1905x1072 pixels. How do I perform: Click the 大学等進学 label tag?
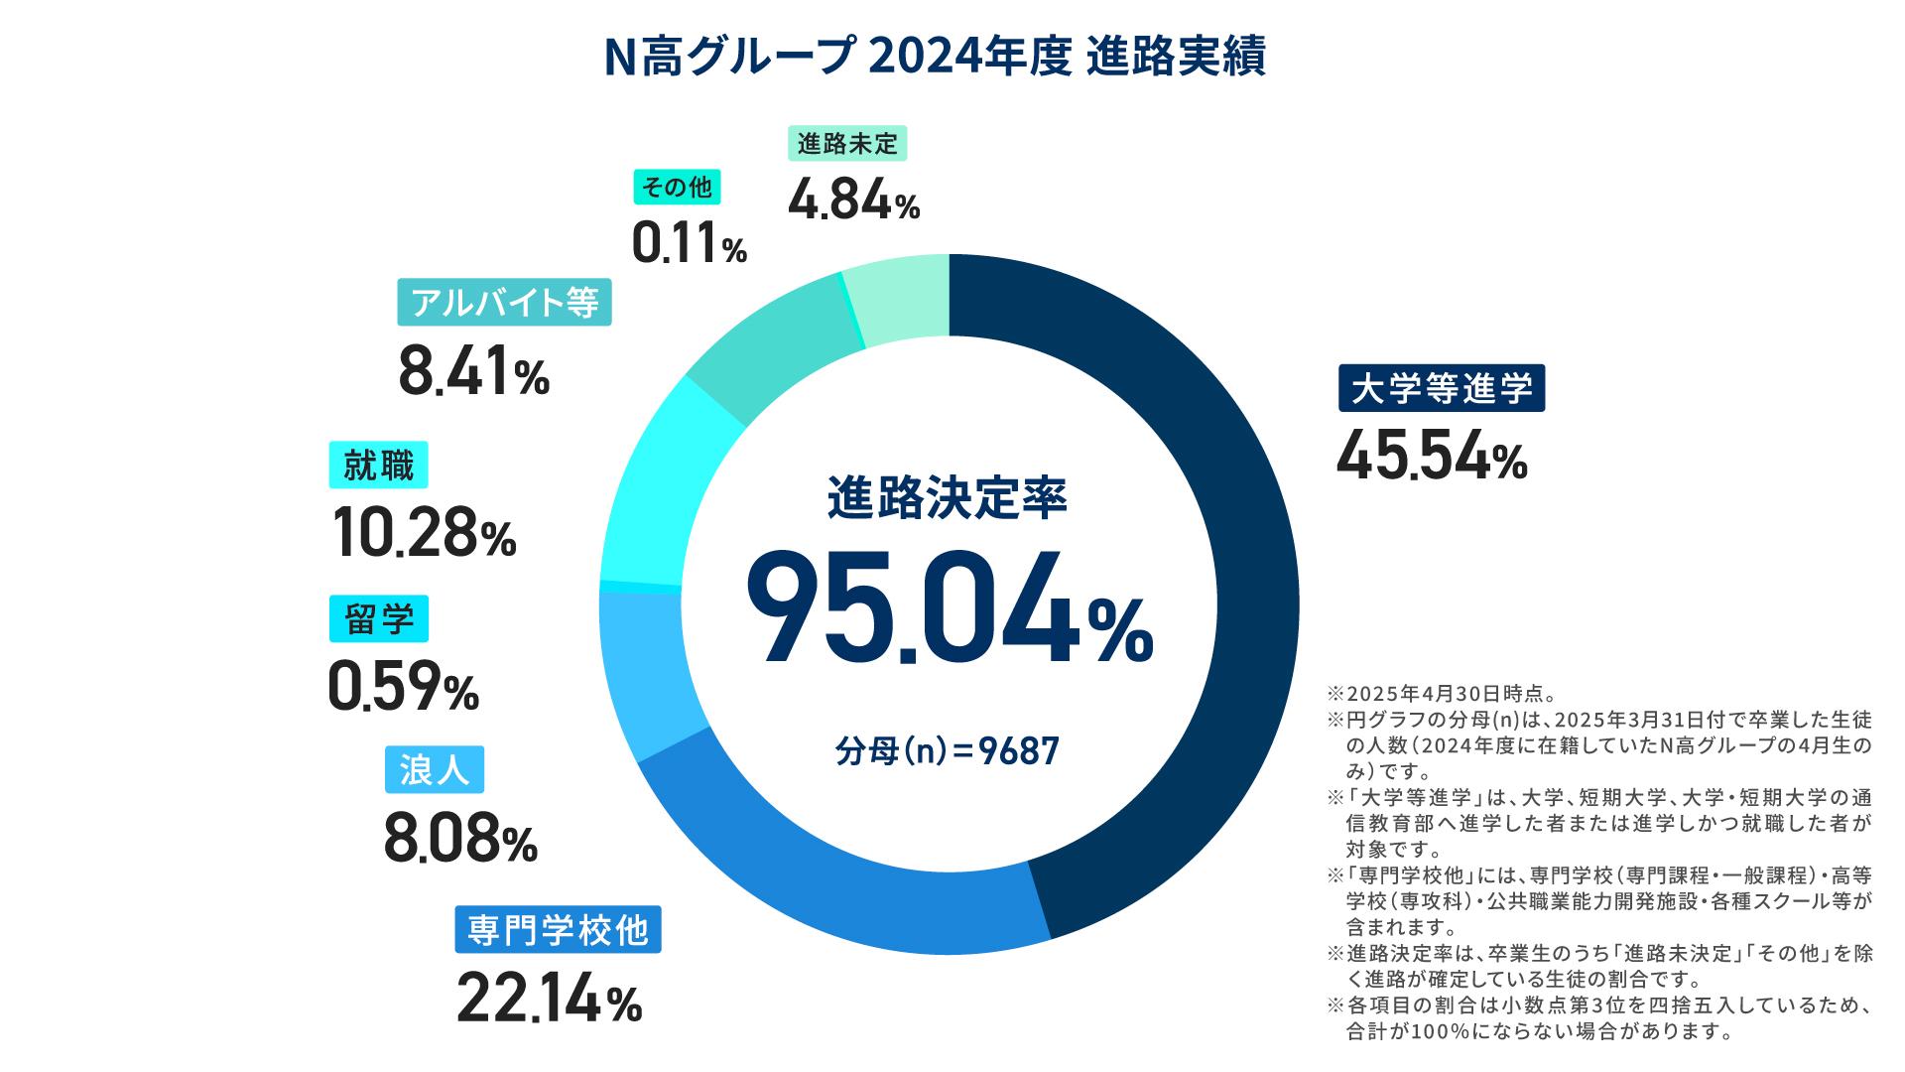coord(1442,389)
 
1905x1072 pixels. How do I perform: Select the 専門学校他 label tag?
coord(558,930)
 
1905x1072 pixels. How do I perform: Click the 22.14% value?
coord(549,1002)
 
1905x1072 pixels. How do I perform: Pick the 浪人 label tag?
coord(435,769)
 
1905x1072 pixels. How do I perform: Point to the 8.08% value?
coord(460,841)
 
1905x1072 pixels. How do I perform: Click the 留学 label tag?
coord(379,618)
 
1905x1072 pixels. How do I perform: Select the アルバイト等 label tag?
coord(504,302)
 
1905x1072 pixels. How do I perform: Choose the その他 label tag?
coord(678,186)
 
